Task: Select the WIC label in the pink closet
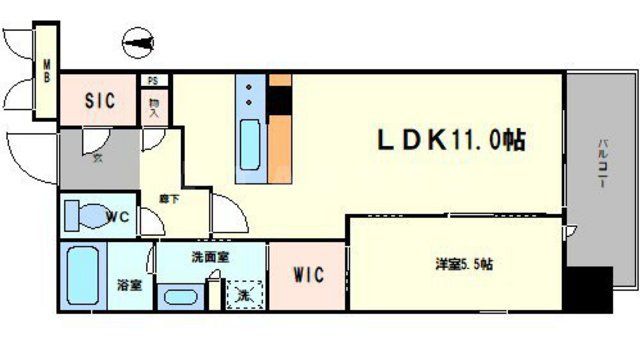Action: tap(307, 275)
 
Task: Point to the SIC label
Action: tap(99, 101)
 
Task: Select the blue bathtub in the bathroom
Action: tap(81, 279)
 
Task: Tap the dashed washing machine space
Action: tap(243, 293)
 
